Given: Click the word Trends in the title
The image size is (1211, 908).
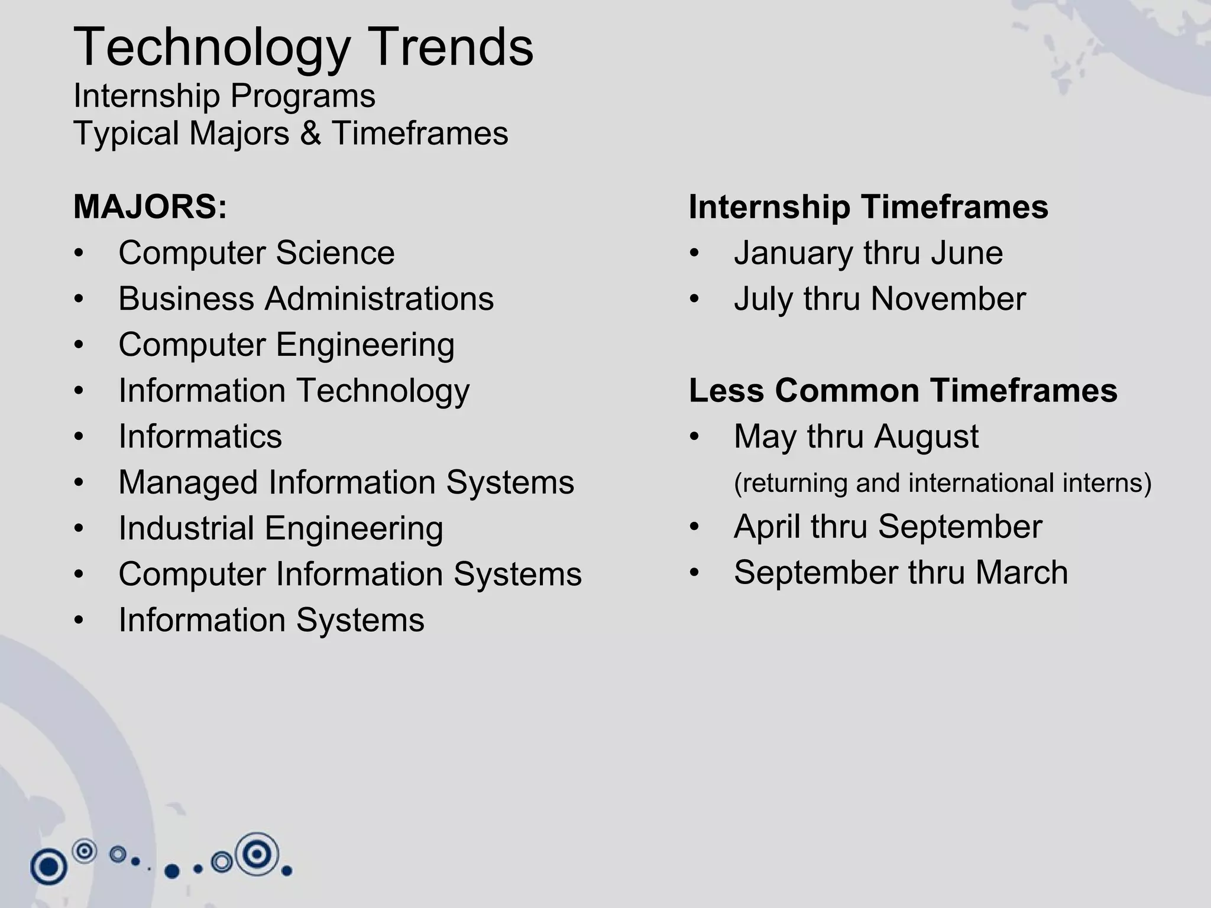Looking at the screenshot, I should tap(453, 47).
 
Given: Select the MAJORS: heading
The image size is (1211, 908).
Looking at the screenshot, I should tap(150, 207).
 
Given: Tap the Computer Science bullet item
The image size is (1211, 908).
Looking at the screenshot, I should tap(256, 253).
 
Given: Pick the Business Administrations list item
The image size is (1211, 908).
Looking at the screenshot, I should tap(306, 299).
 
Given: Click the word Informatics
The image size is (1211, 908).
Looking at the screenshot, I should tap(200, 437).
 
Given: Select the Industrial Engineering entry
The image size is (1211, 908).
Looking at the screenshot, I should tap(280, 528).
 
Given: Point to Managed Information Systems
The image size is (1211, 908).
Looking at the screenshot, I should tap(346, 482).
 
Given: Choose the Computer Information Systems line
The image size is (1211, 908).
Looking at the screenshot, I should tap(349, 574).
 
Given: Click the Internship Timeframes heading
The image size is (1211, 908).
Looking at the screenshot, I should tap(868, 207).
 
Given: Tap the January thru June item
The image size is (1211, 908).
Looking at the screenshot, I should tap(868, 253).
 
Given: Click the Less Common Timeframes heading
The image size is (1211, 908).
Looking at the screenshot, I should tap(903, 391).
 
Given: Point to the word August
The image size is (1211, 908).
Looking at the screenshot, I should tap(926, 437).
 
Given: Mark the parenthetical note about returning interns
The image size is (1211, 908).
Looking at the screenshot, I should tap(943, 483).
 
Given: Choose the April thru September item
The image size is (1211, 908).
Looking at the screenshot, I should tap(888, 527).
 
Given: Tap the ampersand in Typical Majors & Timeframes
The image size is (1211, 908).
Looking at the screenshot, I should tap(310, 133).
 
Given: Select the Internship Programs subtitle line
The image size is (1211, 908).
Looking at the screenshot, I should tap(224, 96).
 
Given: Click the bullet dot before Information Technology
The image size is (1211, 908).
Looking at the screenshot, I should tap(79, 391).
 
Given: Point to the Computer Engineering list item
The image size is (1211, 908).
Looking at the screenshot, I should tap(286, 345).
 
